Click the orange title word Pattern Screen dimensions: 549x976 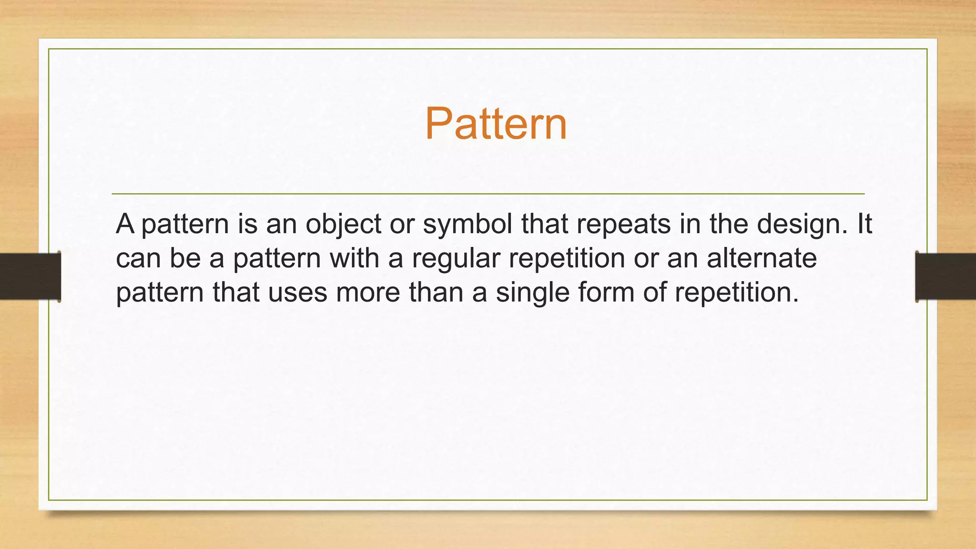pyautogui.click(x=496, y=124)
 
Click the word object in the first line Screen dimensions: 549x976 pyautogui.click(x=343, y=224)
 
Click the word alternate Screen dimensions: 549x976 pyautogui.click(x=762, y=258)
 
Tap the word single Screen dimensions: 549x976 pyautogui.click(x=532, y=293)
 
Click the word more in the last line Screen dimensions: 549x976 pyautogui.click(x=368, y=293)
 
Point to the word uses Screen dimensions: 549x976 pyautogui.click(x=297, y=293)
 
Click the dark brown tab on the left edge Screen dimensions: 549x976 pyautogui.click(x=30, y=276)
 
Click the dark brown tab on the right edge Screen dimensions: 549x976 pyautogui.click(x=945, y=276)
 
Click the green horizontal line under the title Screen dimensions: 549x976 pyautogui.click(x=488, y=194)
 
